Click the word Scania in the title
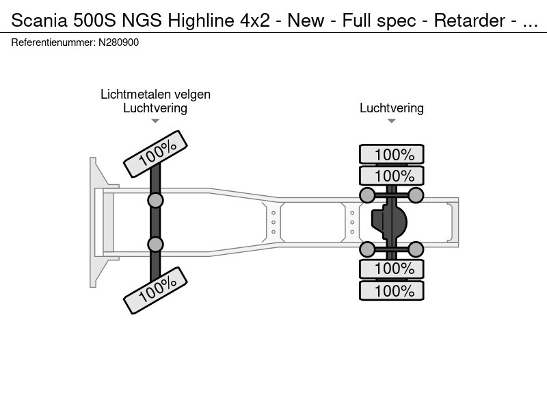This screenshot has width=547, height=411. pos(40,21)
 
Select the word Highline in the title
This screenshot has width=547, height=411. pos(201,21)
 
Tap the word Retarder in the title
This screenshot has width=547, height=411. pos(470,21)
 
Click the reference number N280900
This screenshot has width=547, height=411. pos(118,42)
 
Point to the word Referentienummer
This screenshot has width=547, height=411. pos(53,42)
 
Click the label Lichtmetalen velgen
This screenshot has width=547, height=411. pos(156,95)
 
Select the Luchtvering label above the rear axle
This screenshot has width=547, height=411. pos(392,108)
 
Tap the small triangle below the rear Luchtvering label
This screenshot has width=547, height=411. pos(391,121)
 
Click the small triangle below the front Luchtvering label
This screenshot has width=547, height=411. pos(155,121)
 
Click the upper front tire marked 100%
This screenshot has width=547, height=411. pos(156,154)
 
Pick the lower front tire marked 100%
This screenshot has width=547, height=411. pos(156,290)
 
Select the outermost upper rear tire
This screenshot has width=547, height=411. pos(392,154)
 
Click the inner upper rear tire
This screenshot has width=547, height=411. pos(392,175)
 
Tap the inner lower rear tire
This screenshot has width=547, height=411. pos(392,269)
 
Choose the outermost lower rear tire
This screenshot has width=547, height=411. pos(392,290)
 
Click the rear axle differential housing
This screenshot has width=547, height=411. pos(389,221)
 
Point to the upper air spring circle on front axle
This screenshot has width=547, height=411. pos(156,201)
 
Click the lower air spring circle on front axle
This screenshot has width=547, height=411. pos(156,244)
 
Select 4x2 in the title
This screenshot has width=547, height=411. pos(255,21)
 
